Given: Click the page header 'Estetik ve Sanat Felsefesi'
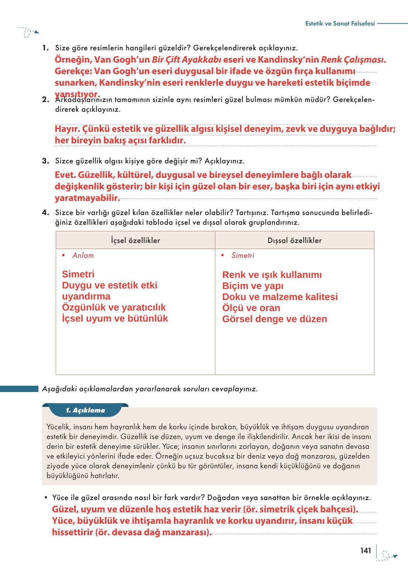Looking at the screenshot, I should (x=340, y=23).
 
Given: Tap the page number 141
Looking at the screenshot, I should (x=366, y=551).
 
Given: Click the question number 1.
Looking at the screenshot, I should (x=45, y=48).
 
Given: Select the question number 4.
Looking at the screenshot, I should (x=45, y=212).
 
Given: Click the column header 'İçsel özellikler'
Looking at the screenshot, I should (x=136, y=241).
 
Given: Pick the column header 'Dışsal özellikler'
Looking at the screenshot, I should (x=295, y=241).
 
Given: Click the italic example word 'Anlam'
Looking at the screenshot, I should (x=83, y=255).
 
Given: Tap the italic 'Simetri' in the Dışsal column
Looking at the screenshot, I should (x=243, y=255).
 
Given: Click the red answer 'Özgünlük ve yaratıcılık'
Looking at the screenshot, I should (x=114, y=307).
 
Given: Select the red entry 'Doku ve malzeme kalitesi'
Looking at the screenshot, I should (x=280, y=297).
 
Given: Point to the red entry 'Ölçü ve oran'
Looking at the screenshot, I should (x=251, y=308).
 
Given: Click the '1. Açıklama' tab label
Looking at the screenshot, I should (x=85, y=410).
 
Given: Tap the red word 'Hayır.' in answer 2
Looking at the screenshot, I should (x=67, y=129).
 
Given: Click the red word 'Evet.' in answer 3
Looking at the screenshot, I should (x=65, y=175).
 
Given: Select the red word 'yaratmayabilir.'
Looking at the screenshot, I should (x=88, y=198).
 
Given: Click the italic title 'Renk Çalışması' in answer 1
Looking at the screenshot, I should (x=352, y=59).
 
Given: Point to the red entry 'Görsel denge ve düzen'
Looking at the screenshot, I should (x=274, y=319).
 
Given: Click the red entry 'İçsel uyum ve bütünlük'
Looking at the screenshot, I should (x=115, y=318).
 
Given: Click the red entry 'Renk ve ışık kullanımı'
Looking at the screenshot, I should (x=272, y=275).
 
